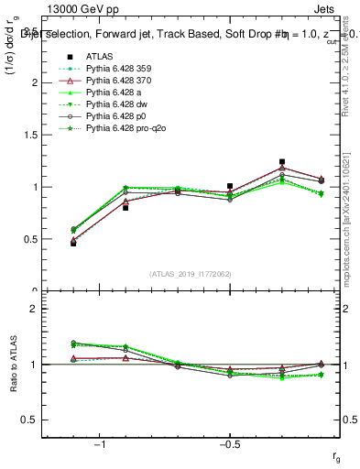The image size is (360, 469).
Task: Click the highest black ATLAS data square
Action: point(282,161)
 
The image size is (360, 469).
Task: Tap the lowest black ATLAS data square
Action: point(73,244)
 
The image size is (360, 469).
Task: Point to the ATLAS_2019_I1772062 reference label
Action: point(191,274)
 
